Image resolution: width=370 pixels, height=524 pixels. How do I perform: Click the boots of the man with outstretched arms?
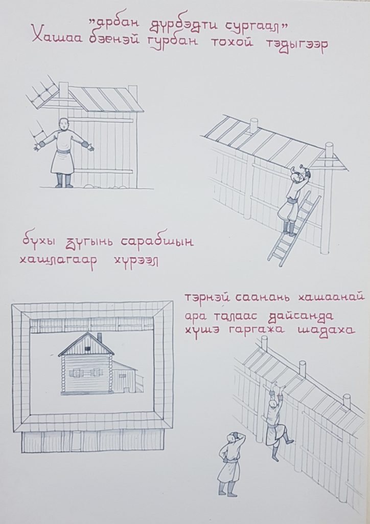click(64, 181)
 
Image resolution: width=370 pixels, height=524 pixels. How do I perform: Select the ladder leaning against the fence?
click(294, 229)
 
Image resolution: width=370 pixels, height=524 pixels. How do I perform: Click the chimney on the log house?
click(99, 338)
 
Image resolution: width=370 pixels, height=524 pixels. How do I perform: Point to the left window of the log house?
click(76, 373)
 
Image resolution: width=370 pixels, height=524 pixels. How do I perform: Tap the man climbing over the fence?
click(276, 422)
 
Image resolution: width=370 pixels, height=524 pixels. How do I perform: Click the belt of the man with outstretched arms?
click(63, 151)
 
